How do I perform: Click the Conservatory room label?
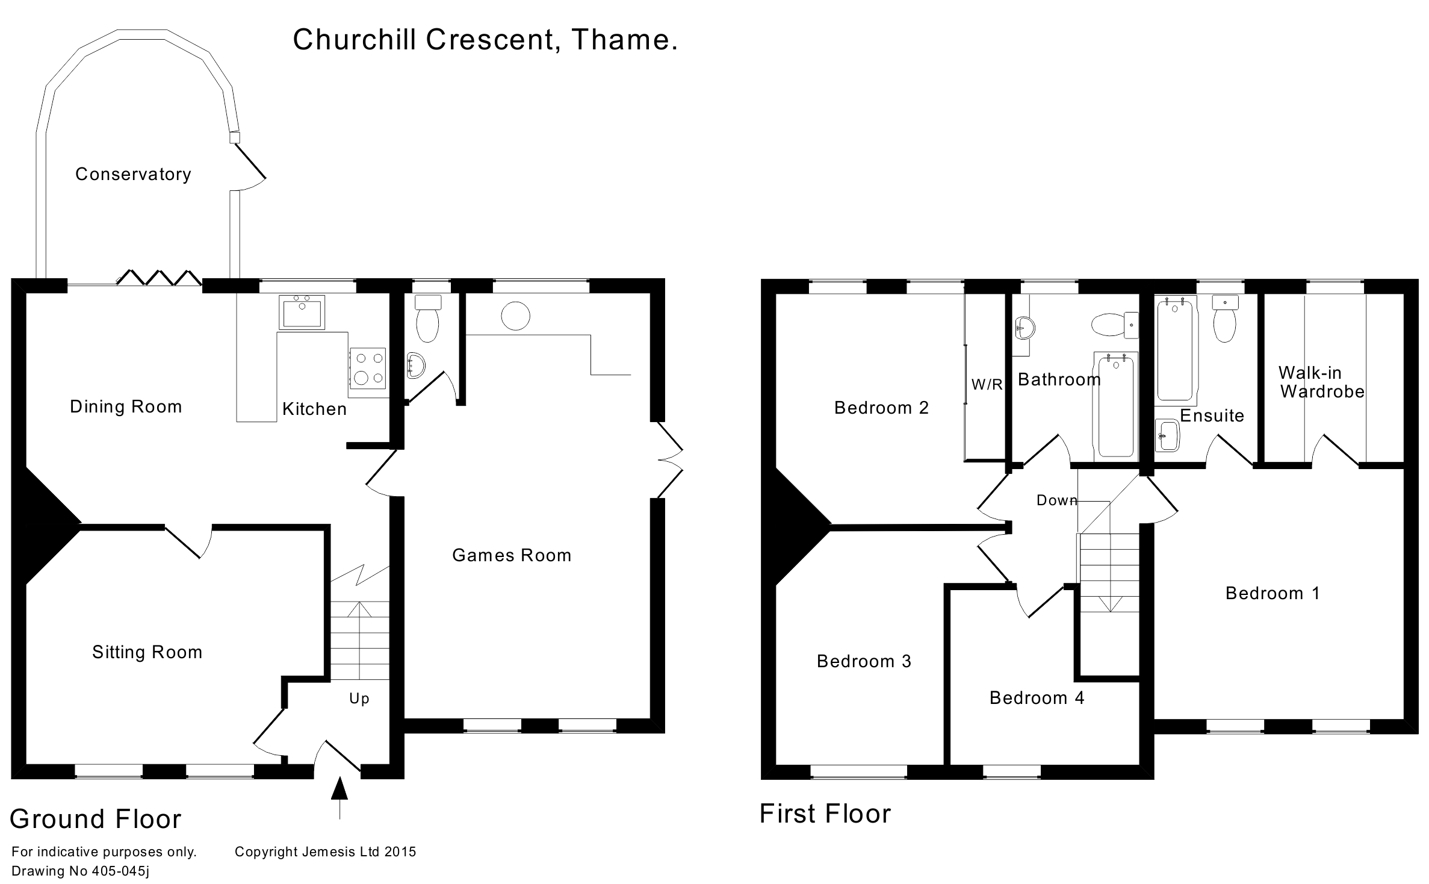click(x=133, y=175)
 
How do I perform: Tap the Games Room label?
click(x=512, y=555)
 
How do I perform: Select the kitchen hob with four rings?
click(x=368, y=368)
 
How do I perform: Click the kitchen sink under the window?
click(x=302, y=312)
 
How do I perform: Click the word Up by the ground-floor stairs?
click(x=359, y=699)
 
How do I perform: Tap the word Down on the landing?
click(x=1056, y=500)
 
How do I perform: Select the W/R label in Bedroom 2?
click(x=987, y=385)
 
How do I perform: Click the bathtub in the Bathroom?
click(x=1116, y=405)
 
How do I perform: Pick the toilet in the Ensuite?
click(x=1224, y=321)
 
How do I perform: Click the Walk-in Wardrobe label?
click(x=1322, y=382)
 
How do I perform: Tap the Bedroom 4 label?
click(x=1037, y=698)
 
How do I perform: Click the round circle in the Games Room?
click(x=515, y=316)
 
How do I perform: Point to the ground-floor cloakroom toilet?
click(x=428, y=320)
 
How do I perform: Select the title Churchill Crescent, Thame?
click(x=485, y=40)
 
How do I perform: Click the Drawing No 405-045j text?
click(x=81, y=871)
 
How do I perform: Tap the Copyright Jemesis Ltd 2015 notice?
click(x=325, y=851)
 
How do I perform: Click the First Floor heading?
click(x=825, y=814)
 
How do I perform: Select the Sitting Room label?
click(x=147, y=652)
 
